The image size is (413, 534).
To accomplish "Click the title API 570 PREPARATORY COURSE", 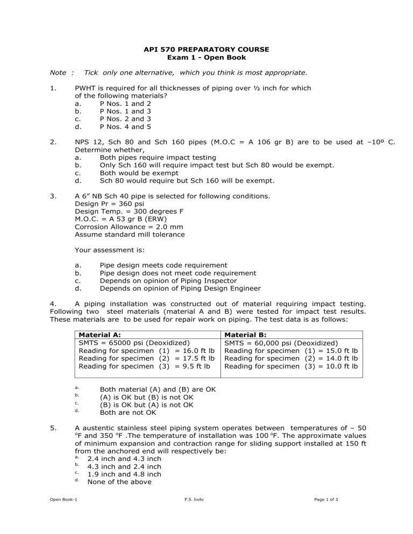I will tap(206, 49).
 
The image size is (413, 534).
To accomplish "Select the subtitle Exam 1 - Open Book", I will tap(206, 57).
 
